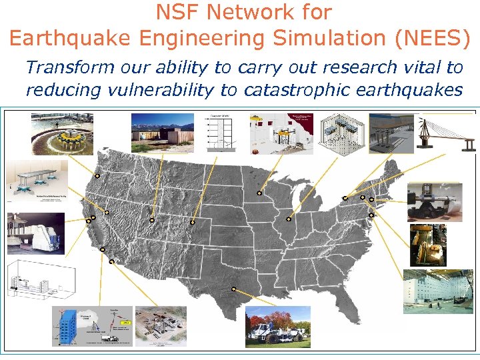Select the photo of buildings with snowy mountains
(161, 132)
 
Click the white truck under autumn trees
(277, 327)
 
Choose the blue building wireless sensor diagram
(90, 326)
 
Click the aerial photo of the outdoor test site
(161, 326)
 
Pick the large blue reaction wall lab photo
(437, 291)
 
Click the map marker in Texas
(234, 289)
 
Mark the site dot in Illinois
(289, 219)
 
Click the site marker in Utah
(152, 219)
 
